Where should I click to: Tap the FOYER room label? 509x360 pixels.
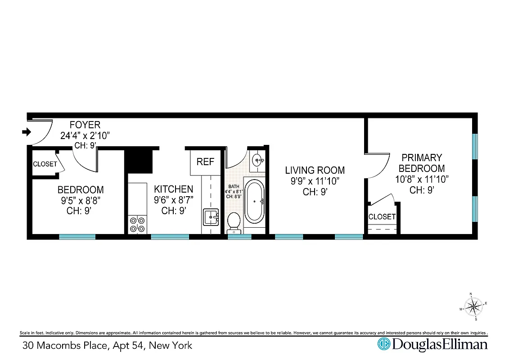(x=85, y=125)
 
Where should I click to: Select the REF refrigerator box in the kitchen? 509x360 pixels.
(x=205, y=162)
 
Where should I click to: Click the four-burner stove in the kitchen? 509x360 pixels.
(x=138, y=224)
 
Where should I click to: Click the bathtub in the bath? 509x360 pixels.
(x=255, y=202)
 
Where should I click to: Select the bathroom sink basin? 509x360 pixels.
(x=258, y=159)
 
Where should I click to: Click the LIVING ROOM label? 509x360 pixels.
(x=315, y=170)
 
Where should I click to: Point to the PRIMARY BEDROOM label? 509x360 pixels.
(x=422, y=163)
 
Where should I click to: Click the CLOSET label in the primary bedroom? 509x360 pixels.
(x=382, y=216)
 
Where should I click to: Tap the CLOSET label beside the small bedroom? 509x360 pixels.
(x=45, y=164)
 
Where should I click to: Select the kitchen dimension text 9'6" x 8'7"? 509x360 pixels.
(x=174, y=200)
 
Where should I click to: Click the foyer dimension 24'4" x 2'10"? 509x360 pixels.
(x=85, y=135)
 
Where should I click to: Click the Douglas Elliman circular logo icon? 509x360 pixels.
(x=383, y=345)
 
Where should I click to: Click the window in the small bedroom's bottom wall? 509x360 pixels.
(x=77, y=236)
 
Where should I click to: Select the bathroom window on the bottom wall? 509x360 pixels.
(x=239, y=236)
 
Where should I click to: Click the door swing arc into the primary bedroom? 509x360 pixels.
(x=378, y=164)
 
